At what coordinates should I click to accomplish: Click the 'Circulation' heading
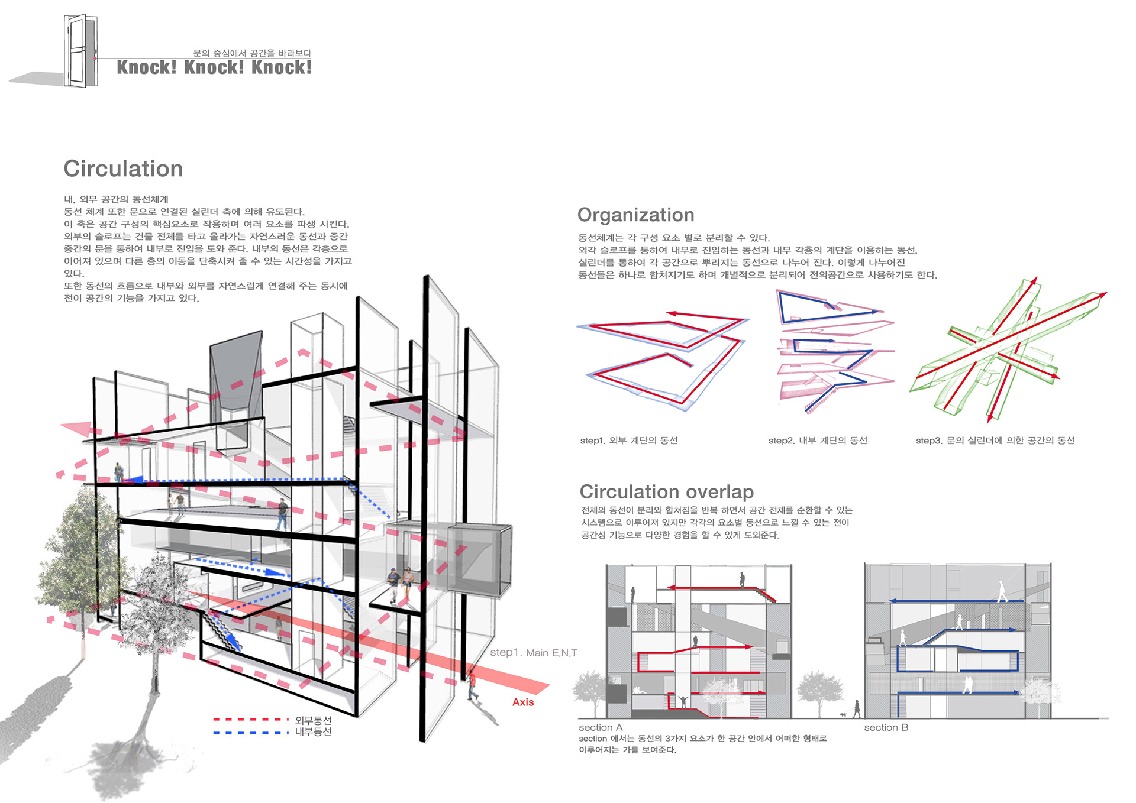123,169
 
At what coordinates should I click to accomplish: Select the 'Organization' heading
635,215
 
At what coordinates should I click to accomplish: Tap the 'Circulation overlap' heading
666,492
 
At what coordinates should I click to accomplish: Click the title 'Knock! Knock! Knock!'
214,67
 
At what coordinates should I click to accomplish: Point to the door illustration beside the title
81,51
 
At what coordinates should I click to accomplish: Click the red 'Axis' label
522,702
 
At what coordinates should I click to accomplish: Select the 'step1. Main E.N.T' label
533,653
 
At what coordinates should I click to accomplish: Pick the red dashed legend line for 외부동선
251,720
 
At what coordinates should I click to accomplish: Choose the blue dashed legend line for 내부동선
251,733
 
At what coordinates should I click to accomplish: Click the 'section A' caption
601,727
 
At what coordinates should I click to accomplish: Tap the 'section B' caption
886,727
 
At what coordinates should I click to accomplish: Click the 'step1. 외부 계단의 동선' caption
628,441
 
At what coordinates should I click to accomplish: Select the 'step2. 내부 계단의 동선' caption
818,441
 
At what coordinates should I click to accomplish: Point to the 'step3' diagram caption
995,441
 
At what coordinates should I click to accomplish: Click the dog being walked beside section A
843,714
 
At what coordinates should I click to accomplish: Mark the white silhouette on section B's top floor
1002,591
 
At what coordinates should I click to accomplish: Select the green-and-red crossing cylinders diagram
1006,352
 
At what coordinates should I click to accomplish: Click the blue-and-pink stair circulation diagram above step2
834,352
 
